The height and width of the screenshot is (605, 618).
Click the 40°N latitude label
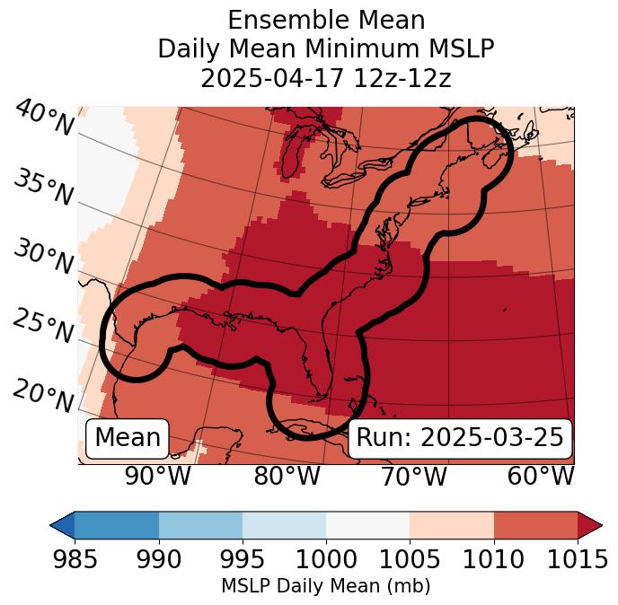point(42,118)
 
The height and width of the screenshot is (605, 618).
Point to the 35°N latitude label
point(42,187)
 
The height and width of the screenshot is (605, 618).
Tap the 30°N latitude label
point(42,258)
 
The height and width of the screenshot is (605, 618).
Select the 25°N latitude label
point(42,327)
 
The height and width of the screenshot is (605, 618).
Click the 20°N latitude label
point(42,396)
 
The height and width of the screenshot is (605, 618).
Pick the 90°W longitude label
point(157,476)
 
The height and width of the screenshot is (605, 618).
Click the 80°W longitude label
point(287,476)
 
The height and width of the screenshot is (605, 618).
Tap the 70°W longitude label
point(413,476)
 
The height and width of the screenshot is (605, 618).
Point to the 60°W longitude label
point(540,476)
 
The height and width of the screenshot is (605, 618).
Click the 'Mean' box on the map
point(128,438)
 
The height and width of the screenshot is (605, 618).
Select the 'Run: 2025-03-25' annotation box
point(460,438)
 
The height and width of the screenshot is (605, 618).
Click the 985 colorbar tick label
point(75,559)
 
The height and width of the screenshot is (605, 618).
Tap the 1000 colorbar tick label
point(326,559)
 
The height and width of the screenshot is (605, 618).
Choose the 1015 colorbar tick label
point(576,559)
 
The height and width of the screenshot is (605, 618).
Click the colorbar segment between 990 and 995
point(200,524)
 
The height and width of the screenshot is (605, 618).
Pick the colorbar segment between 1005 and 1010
point(452,524)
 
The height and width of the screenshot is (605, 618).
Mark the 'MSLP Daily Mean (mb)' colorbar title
point(325,586)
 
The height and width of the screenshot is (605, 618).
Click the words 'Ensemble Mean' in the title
point(326,20)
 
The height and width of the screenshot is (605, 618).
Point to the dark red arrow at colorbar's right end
point(589,524)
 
